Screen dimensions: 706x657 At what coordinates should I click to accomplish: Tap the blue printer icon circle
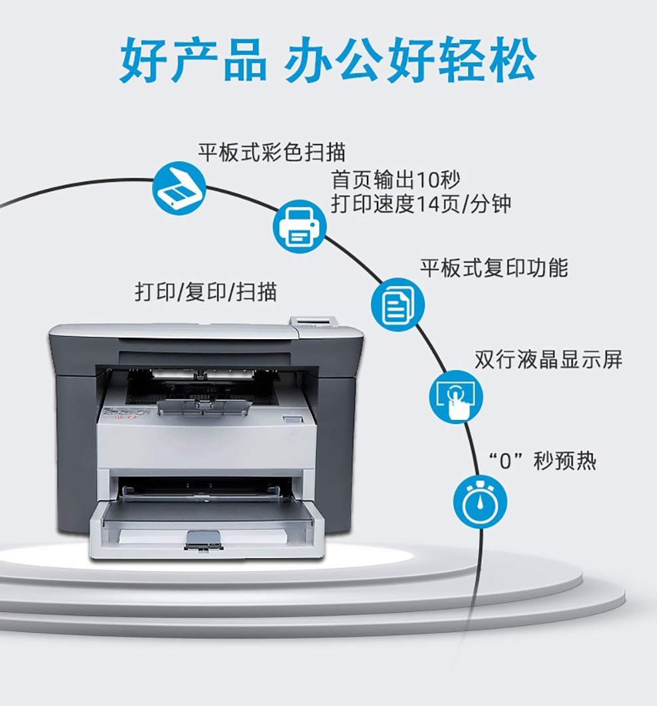coord(299,226)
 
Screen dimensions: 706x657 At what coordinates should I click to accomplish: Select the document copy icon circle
coord(397,303)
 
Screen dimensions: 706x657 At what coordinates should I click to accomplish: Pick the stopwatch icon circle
coord(480,502)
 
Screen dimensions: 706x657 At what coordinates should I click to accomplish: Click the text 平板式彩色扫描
coord(271,151)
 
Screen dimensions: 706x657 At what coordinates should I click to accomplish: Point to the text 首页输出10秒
coord(395,180)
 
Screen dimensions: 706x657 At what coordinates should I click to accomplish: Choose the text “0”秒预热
coord(542,460)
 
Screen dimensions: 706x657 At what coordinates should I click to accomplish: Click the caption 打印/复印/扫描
coord(206,291)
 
